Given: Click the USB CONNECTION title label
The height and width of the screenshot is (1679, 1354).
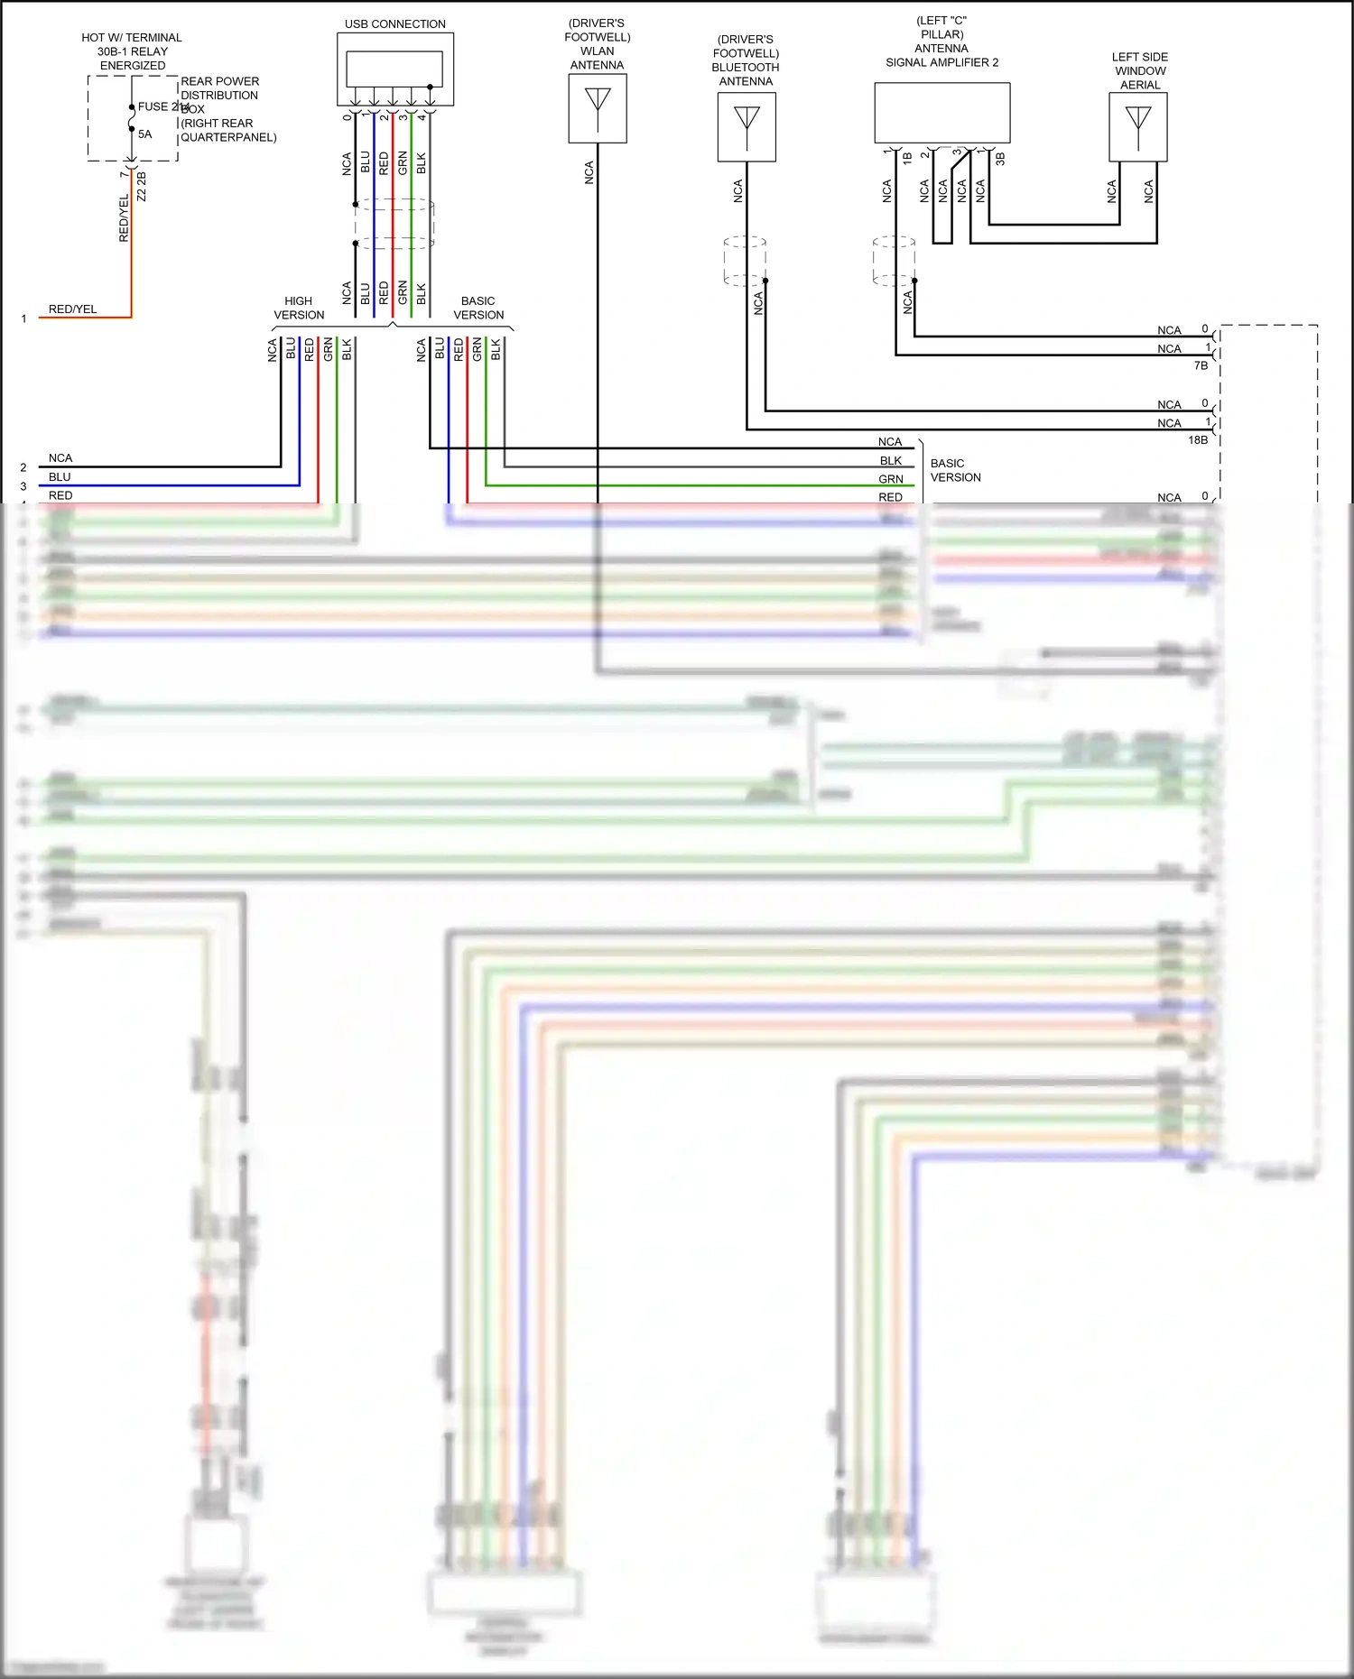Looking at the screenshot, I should tap(394, 24).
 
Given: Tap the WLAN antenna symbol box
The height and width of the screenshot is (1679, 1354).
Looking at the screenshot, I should tap(597, 107).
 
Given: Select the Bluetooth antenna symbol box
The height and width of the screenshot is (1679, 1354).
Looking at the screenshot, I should tap(747, 127).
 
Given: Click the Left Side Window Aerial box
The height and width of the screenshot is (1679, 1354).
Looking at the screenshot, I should tap(1137, 127).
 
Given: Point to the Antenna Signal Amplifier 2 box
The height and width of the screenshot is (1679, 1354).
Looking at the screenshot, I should tap(941, 113).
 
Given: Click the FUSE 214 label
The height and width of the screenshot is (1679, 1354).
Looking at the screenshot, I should tap(162, 106).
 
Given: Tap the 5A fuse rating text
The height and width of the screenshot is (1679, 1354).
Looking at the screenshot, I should tap(145, 134).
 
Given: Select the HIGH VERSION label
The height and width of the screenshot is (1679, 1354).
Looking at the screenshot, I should tap(299, 308).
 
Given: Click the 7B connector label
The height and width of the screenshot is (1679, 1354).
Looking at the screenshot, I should tap(1201, 365).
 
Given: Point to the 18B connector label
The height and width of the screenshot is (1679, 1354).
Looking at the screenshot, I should tap(1198, 440).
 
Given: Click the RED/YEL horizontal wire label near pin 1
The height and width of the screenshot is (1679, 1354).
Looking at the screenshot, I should tap(72, 309).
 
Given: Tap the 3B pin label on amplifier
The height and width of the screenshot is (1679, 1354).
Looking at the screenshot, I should tap(1000, 159).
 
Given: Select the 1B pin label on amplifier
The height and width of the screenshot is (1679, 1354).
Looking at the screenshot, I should tap(907, 158).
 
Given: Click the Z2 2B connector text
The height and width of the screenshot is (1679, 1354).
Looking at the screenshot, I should tap(142, 187).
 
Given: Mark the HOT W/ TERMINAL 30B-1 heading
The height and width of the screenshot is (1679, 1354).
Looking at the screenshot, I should tap(132, 51).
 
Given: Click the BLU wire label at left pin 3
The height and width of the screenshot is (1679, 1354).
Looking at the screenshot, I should tap(60, 477).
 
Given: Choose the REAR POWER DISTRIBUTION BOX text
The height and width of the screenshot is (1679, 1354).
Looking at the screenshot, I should tap(219, 95).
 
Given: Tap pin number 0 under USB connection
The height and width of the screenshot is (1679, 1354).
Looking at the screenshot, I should tap(347, 117).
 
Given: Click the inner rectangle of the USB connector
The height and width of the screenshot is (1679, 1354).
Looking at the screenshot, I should tap(394, 69).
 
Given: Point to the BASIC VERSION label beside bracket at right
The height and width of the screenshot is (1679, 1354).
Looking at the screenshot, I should tap(955, 470).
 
